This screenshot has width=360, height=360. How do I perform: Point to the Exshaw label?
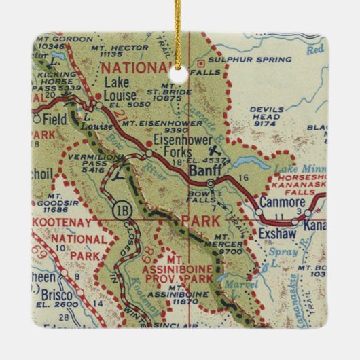pyautogui.click(x=274, y=235)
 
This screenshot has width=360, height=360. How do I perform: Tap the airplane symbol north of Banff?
pyautogui.click(x=216, y=150)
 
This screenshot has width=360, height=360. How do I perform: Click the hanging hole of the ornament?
pyautogui.click(x=179, y=67)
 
